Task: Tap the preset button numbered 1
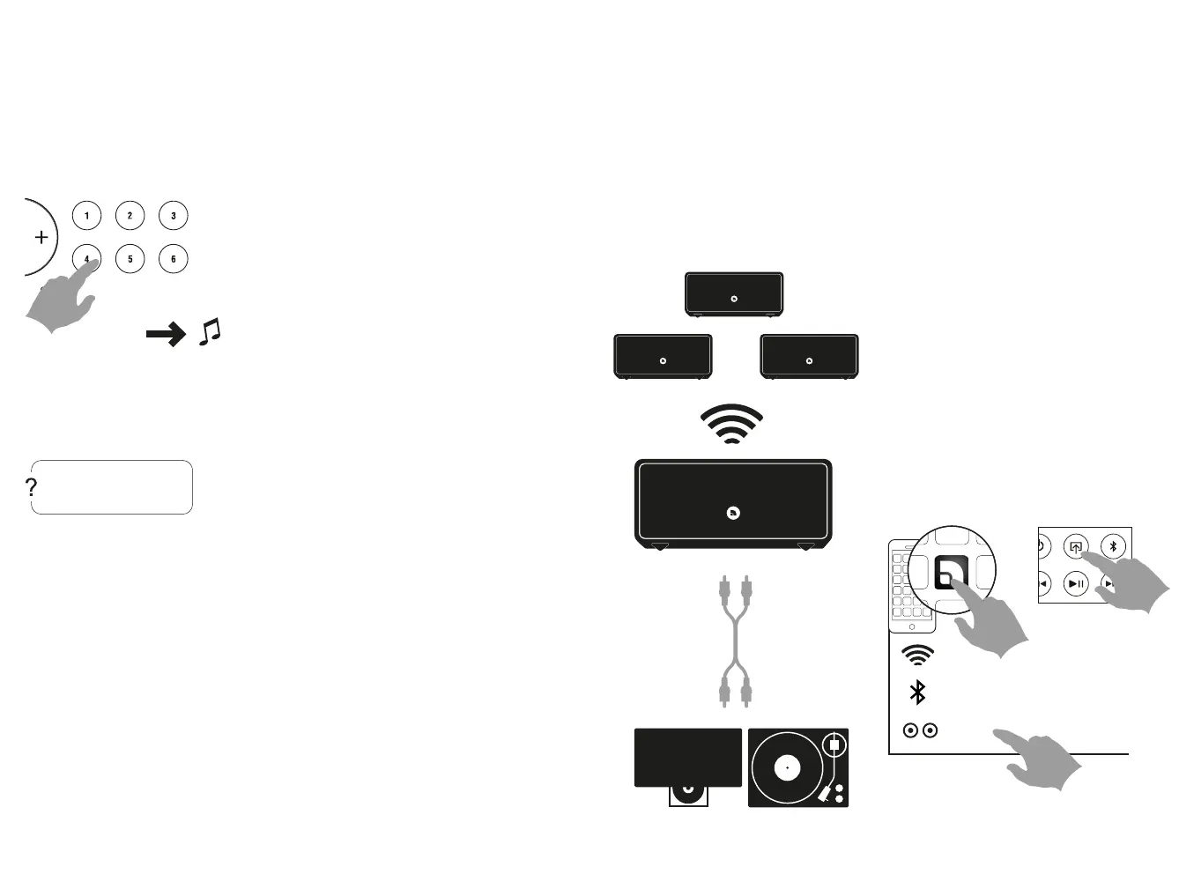86,216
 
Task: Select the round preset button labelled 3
174,216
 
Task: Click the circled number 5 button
130,259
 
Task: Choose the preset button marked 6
174,259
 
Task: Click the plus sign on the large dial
41,237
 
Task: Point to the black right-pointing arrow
166,334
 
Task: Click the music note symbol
210,332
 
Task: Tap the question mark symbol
32,487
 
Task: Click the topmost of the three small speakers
734,294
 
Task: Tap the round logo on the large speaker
733,513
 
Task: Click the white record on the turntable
787,767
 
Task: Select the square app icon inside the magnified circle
951,574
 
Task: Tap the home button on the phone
912,627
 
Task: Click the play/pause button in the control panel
1076,583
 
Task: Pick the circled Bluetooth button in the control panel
1113,546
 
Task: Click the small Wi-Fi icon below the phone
917,655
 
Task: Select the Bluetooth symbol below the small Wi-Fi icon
917,693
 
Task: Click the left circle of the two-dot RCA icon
911,730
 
